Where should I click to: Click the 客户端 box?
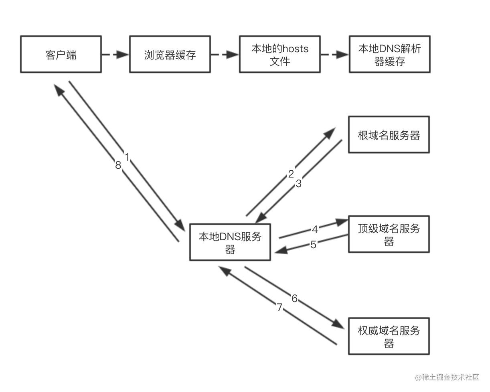[61, 54]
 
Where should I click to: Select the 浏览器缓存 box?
[170, 54]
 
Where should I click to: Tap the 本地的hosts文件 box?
[279, 54]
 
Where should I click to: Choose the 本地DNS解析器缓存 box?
[389, 54]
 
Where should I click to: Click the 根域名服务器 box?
[389, 135]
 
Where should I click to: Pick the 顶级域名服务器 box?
[389, 234]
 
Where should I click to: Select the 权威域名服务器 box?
[389, 336]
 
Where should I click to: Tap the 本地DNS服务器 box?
[230, 242]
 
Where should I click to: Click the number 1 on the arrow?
[127, 157]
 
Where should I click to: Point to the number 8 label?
[118, 165]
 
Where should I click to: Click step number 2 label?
[291, 174]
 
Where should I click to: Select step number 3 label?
[298, 184]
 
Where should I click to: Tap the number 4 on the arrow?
[315, 229]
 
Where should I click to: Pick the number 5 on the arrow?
[314, 245]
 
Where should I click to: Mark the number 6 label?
[295, 298]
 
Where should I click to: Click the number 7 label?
[279, 308]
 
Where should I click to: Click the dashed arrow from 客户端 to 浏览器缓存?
[115, 54]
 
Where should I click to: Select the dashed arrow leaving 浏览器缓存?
[225, 54]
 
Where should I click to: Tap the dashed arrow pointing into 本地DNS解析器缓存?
[334, 54]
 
